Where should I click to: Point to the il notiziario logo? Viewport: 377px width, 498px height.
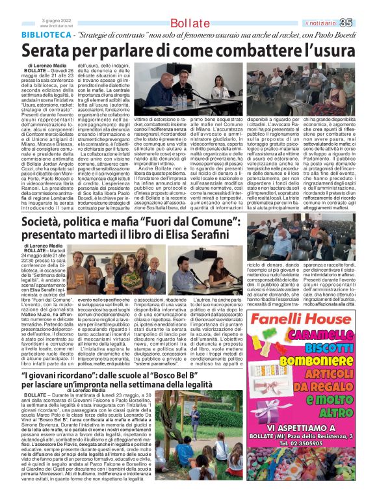[x=331, y=7]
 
